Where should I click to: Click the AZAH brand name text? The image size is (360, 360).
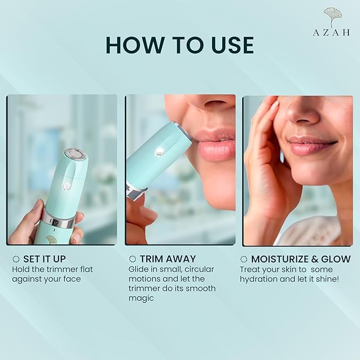(x=331, y=32)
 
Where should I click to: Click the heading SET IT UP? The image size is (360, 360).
(x=45, y=259)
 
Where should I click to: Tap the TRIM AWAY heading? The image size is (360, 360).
(x=168, y=259)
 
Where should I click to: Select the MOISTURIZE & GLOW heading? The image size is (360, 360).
(x=301, y=259)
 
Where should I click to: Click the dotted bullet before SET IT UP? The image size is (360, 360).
(x=16, y=259)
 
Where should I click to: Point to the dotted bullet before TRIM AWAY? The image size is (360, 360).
(x=133, y=259)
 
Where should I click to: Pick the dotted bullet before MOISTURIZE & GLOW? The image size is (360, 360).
(x=243, y=259)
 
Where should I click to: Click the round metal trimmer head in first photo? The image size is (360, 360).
(x=73, y=154)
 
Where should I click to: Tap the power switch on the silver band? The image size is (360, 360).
(x=56, y=222)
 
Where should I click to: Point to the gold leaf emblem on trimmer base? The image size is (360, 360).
(x=51, y=240)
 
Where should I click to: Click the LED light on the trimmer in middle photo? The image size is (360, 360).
(x=159, y=151)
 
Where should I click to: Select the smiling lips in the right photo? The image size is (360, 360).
(x=312, y=144)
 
